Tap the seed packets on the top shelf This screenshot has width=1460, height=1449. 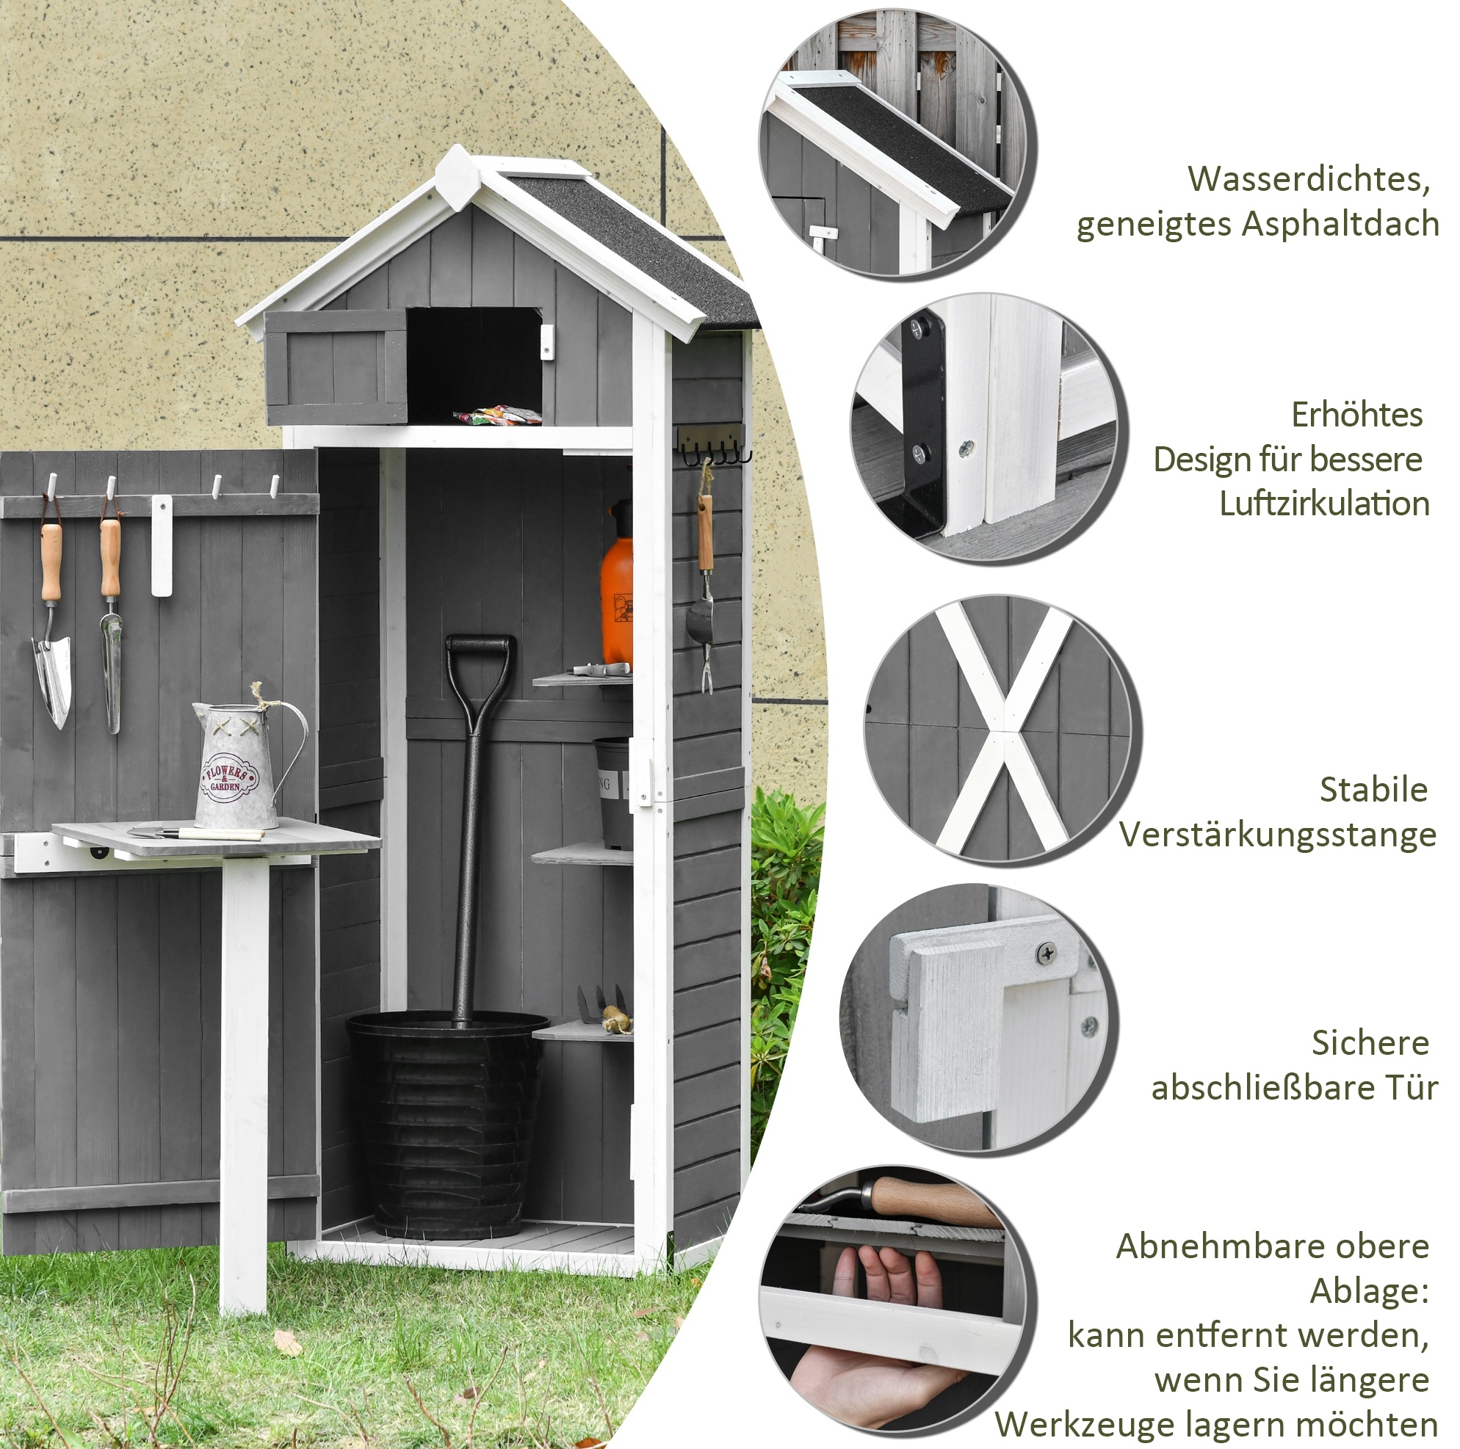(x=497, y=414)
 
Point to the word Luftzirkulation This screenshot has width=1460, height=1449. (x=1324, y=504)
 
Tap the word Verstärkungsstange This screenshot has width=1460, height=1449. (x=1277, y=835)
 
